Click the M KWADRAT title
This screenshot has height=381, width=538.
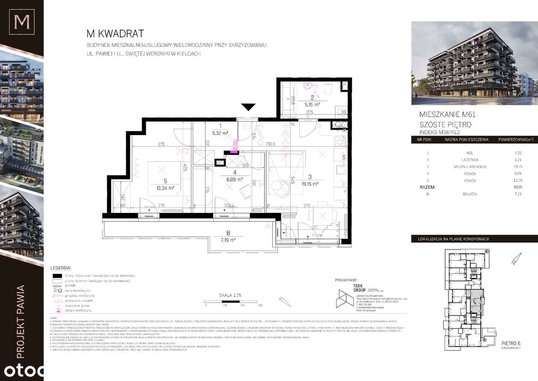coord(115,34)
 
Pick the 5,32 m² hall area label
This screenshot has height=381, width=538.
coord(220,133)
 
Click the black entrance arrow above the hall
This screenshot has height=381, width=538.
coord(249,107)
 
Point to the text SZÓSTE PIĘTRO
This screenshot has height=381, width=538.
coord(445,125)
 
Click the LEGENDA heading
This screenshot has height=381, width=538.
coord(61,267)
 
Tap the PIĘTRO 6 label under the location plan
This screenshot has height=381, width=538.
coord(511,344)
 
